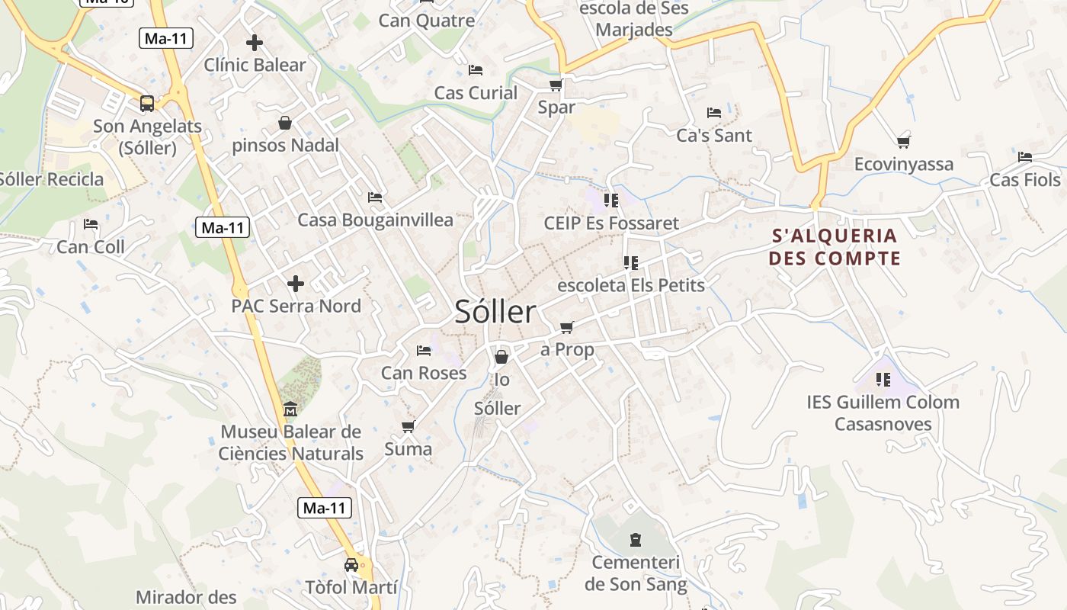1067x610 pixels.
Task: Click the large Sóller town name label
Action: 495,312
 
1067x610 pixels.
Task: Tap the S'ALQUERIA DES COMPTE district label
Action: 835,247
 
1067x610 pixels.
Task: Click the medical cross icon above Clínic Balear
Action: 255,43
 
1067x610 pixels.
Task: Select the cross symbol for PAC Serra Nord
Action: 296,284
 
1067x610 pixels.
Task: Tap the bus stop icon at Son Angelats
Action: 147,104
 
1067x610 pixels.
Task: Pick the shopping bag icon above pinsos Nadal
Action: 285,123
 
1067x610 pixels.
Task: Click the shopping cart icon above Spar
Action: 556,85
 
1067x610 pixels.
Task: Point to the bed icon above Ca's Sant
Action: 714,113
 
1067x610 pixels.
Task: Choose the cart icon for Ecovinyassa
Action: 904,141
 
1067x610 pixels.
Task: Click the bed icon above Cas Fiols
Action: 1025,157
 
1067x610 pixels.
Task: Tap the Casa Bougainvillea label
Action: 375,220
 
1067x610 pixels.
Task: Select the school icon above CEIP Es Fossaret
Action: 610,201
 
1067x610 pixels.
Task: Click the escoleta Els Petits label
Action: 631,285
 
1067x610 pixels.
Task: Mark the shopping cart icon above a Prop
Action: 566,328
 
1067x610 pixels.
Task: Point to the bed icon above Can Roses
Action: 424,351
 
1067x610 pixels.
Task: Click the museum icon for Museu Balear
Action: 290,410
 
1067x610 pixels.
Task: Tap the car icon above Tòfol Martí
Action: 351,565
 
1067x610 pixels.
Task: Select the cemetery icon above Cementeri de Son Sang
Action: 636,541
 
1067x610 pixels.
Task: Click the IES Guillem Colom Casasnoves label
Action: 883,413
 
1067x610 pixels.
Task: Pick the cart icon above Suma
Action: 409,427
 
